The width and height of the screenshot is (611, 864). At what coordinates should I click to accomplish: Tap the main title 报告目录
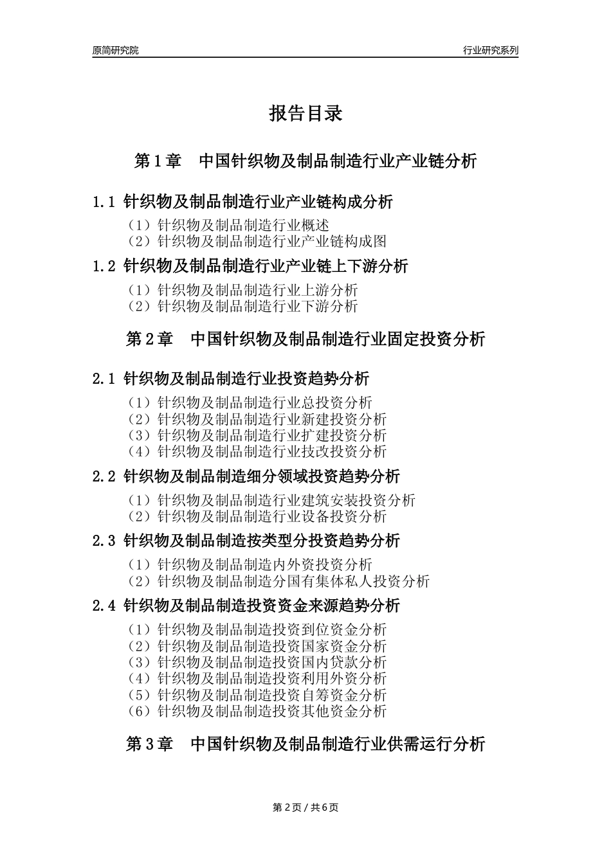pos(305,114)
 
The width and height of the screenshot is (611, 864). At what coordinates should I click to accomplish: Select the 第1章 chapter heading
pos(305,161)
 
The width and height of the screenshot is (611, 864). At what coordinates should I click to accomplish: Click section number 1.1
pos(104,202)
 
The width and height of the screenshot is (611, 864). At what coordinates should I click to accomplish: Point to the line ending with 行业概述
pos(228,225)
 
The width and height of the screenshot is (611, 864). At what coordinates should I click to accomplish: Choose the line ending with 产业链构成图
pos(257,241)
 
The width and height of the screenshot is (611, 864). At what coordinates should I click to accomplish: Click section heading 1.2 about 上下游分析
pos(250,266)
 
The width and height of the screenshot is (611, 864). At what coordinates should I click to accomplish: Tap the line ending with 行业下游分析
pos(242,306)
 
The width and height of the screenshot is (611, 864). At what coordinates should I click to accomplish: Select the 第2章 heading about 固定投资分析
pos(305,339)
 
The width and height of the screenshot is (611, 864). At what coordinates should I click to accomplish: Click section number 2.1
pos(104,379)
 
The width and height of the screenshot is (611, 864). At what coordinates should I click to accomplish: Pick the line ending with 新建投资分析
pos(257,419)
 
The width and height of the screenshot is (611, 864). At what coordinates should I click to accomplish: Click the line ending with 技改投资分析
pos(257,451)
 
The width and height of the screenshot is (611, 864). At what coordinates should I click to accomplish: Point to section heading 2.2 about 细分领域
pos(246,476)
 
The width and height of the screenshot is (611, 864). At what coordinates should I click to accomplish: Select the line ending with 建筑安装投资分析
pos(271,500)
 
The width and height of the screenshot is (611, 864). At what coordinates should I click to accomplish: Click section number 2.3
pos(104,541)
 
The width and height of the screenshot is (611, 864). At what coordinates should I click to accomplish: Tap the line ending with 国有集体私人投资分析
pos(278,581)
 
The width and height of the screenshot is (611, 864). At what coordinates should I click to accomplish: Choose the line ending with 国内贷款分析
pos(257,662)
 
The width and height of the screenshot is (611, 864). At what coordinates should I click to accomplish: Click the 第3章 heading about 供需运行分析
pos(305,744)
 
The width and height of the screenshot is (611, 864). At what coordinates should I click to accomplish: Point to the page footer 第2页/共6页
pos(305,807)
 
